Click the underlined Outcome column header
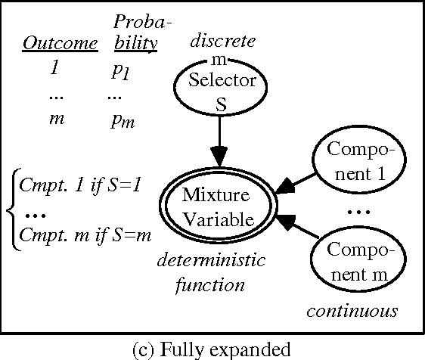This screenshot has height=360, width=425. click(60, 43)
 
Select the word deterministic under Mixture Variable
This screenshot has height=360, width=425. click(211, 262)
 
